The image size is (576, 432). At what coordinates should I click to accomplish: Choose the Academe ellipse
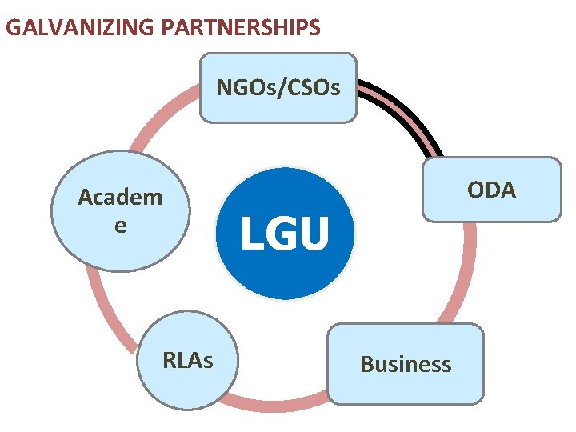120,210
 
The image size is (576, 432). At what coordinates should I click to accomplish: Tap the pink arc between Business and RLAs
280,405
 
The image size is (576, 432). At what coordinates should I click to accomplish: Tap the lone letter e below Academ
120,226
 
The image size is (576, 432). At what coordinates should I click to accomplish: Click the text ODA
492,190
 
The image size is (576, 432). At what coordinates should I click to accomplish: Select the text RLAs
187,361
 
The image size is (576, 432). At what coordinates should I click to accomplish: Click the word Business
406,365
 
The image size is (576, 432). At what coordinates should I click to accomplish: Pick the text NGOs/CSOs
278,86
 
